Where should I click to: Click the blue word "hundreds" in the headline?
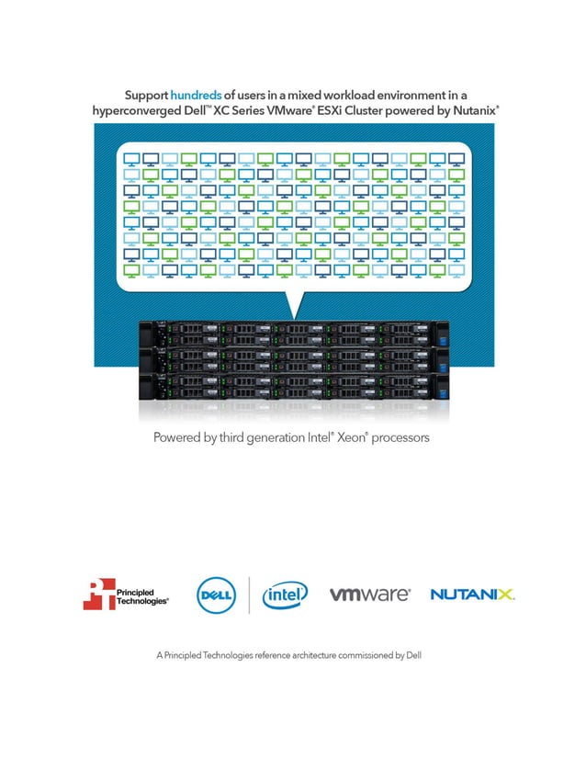(196, 95)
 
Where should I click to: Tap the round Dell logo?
(217, 595)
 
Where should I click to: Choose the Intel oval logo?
(285, 595)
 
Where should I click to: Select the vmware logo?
(369, 595)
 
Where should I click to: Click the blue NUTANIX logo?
(472, 595)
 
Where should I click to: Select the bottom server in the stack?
(293, 383)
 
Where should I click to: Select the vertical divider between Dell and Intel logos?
(249, 595)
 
